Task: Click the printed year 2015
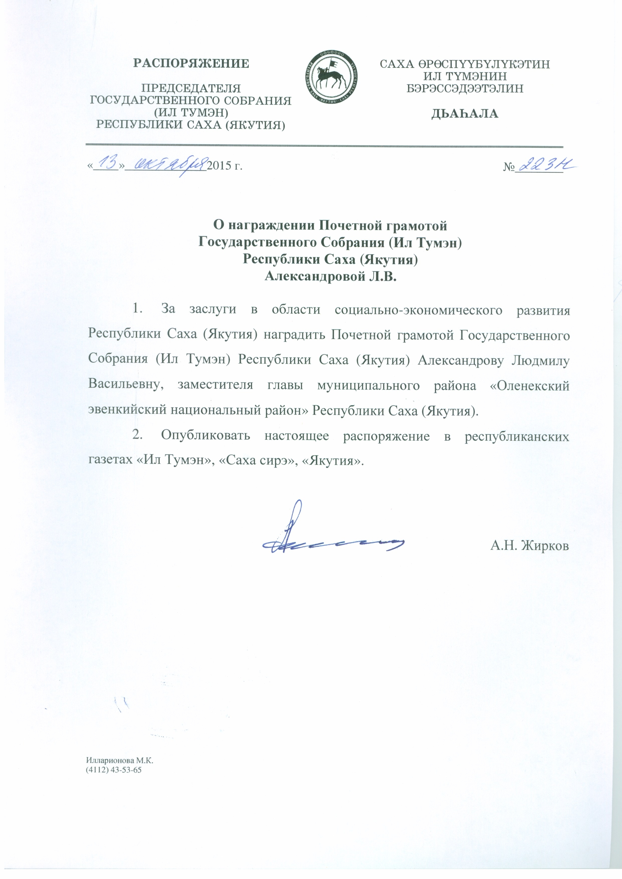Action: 219,167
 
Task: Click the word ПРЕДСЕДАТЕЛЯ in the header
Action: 191,88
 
